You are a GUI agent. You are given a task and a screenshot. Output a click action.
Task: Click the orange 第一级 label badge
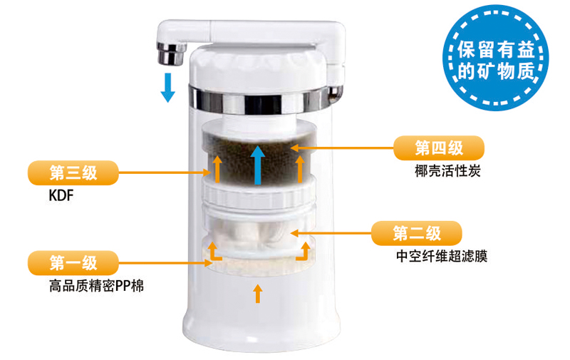[73, 263]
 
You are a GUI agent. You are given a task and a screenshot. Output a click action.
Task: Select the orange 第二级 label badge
[416, 233]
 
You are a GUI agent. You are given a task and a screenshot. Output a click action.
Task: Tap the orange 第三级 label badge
[73, 173]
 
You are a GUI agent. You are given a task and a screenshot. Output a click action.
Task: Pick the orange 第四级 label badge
[439, 148]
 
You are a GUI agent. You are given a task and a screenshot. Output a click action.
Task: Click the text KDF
[61, 195]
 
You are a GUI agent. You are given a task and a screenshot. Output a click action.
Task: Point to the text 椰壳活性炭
[447, 170]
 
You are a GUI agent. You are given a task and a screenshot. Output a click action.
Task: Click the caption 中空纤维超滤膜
[442, 257]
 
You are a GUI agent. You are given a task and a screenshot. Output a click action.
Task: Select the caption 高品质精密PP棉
[96, 286]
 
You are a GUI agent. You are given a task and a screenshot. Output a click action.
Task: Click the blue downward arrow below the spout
[167, 87]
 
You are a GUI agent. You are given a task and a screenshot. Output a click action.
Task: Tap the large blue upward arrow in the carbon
[258, 165]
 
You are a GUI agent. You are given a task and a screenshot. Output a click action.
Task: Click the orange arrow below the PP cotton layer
[258, 294]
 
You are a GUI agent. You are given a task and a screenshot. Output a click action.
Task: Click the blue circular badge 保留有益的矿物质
[496, 58]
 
